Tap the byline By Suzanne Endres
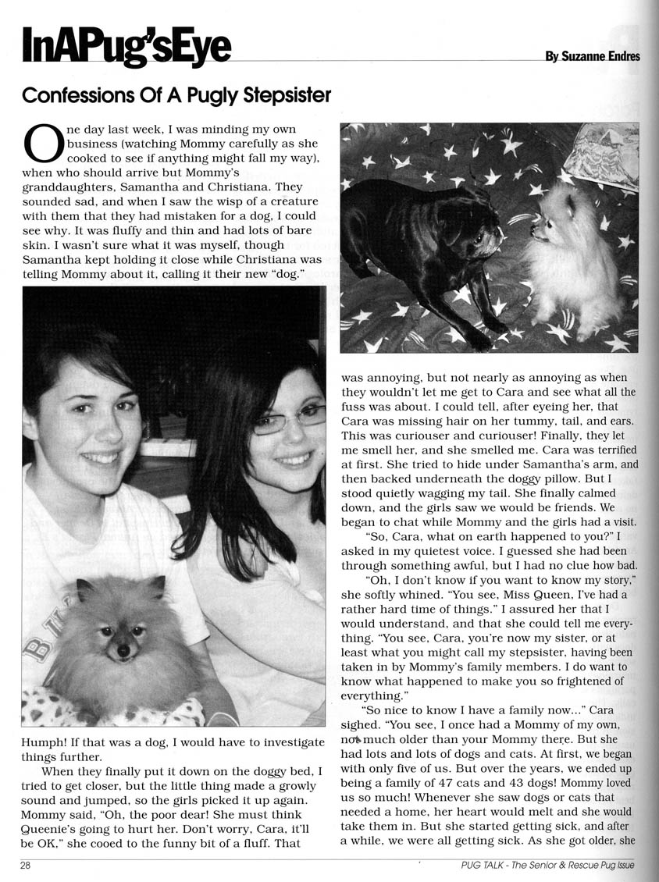click(x=592, y=56)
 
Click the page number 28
click(x=26, y=865)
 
